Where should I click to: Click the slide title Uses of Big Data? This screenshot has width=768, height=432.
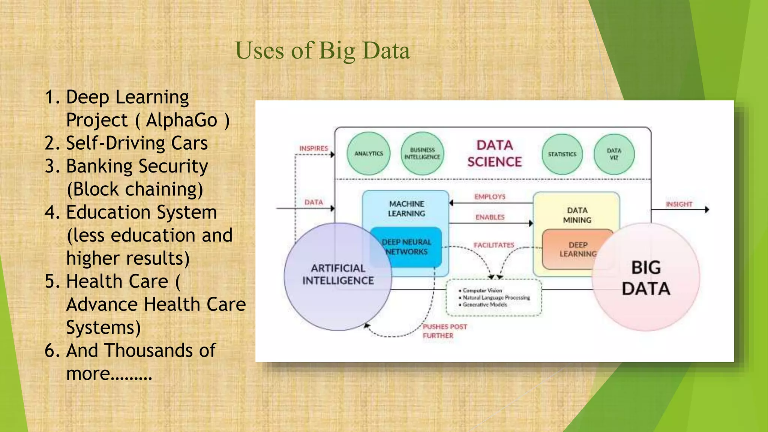(322, 51)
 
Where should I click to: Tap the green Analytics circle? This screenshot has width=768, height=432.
(368, 153)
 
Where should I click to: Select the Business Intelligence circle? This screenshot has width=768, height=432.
(422, 153)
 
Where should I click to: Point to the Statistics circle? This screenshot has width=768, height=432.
(562, 154)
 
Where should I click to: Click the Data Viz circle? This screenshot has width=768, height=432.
(614, 154)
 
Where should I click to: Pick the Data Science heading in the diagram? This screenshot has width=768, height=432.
(494, 153)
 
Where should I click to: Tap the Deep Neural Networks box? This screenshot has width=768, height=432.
(406, 247)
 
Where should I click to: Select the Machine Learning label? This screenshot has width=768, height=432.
(406, 208)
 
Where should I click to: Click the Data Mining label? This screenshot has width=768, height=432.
(577, 215)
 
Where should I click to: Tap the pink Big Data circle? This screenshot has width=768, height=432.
(646, 278)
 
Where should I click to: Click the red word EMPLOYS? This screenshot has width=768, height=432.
(490, 196)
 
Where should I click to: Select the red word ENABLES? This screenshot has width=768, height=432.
(490, 217)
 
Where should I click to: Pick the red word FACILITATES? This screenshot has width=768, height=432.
(493, 245)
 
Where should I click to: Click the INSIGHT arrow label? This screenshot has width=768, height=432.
(679, 204)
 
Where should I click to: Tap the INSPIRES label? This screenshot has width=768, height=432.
(313, 148)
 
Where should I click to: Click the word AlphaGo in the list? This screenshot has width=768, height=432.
(181, 120)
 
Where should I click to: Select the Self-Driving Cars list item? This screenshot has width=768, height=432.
(136, 143)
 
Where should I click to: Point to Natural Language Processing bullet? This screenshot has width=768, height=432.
(496, 297)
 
